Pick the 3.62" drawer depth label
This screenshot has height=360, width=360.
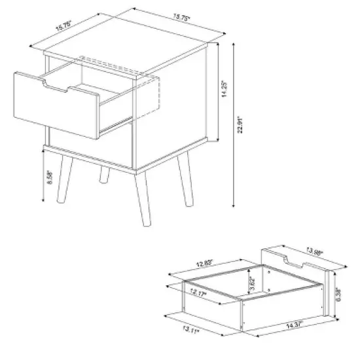(x=253, y=283)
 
